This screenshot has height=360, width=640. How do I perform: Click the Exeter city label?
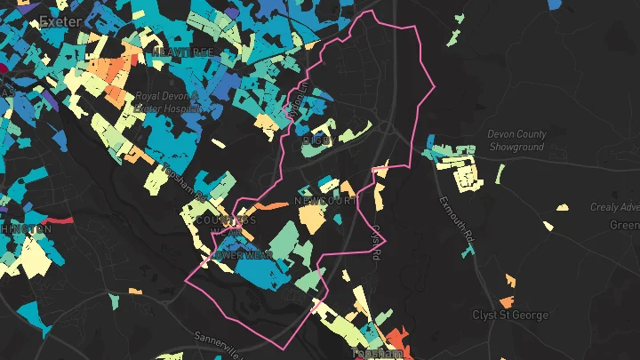pyautogui.click(x=60, y=20)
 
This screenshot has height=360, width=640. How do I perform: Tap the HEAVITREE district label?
pyautogui.click(x=182, y=53)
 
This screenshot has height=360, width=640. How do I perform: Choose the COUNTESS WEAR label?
pyautogui.click(x=226, y=221)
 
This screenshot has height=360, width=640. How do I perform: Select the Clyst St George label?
pyautogui.click(x=510, y=316)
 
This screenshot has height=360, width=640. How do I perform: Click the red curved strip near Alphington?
pyautogui.click(x=57, y=219)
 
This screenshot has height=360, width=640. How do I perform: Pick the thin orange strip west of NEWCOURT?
pyautogui.click(x=276, y=206)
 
